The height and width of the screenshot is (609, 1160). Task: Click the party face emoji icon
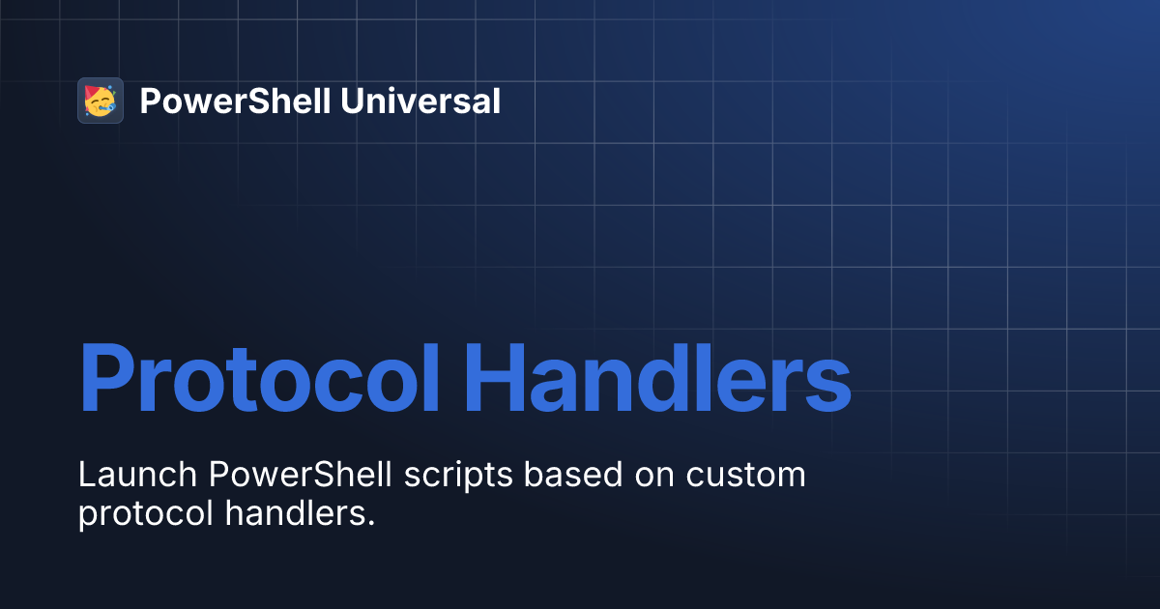[101, 101]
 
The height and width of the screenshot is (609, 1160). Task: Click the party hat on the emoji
[93, 93]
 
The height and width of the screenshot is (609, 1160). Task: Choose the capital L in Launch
[87, 476]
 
